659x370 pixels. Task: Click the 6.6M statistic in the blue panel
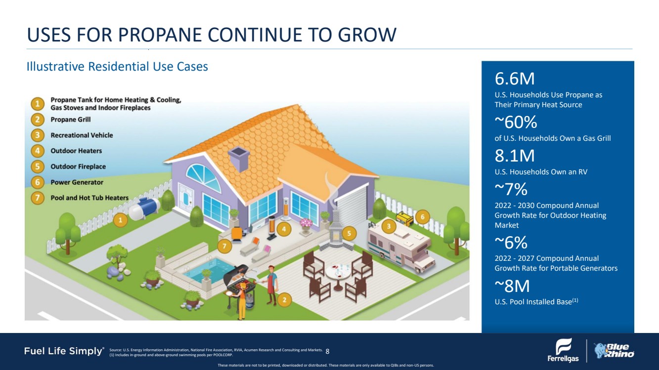pos(515,79)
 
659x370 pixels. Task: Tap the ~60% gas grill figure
pos(516,122)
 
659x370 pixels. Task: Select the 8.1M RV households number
pos(515,156)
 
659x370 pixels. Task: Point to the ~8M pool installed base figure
pos(512,286)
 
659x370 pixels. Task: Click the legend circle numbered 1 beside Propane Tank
pos(38,104)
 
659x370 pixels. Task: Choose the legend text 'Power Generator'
pos(77,182)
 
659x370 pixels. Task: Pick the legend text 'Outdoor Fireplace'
pos(78,166)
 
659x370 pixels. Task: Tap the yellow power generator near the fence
pos(405,218)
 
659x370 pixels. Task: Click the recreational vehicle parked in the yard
pos(401,250)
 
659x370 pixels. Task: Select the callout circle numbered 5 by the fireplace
pos(349,234)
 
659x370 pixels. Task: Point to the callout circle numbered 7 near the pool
pos(224,246)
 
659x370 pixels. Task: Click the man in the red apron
pos(271,285)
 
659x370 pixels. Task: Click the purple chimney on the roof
pos(239,159)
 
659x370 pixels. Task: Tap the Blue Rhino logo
pos(614,351)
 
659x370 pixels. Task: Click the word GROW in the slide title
pos(367,35)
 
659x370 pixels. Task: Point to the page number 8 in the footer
pos(328,351)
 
